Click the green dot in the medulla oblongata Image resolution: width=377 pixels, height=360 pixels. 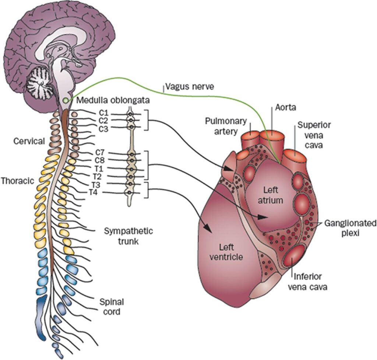point(66,100)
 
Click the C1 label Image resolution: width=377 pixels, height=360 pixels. point(103,114)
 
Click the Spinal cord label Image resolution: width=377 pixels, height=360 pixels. point(112,307)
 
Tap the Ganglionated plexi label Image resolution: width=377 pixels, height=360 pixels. point(350,228)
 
